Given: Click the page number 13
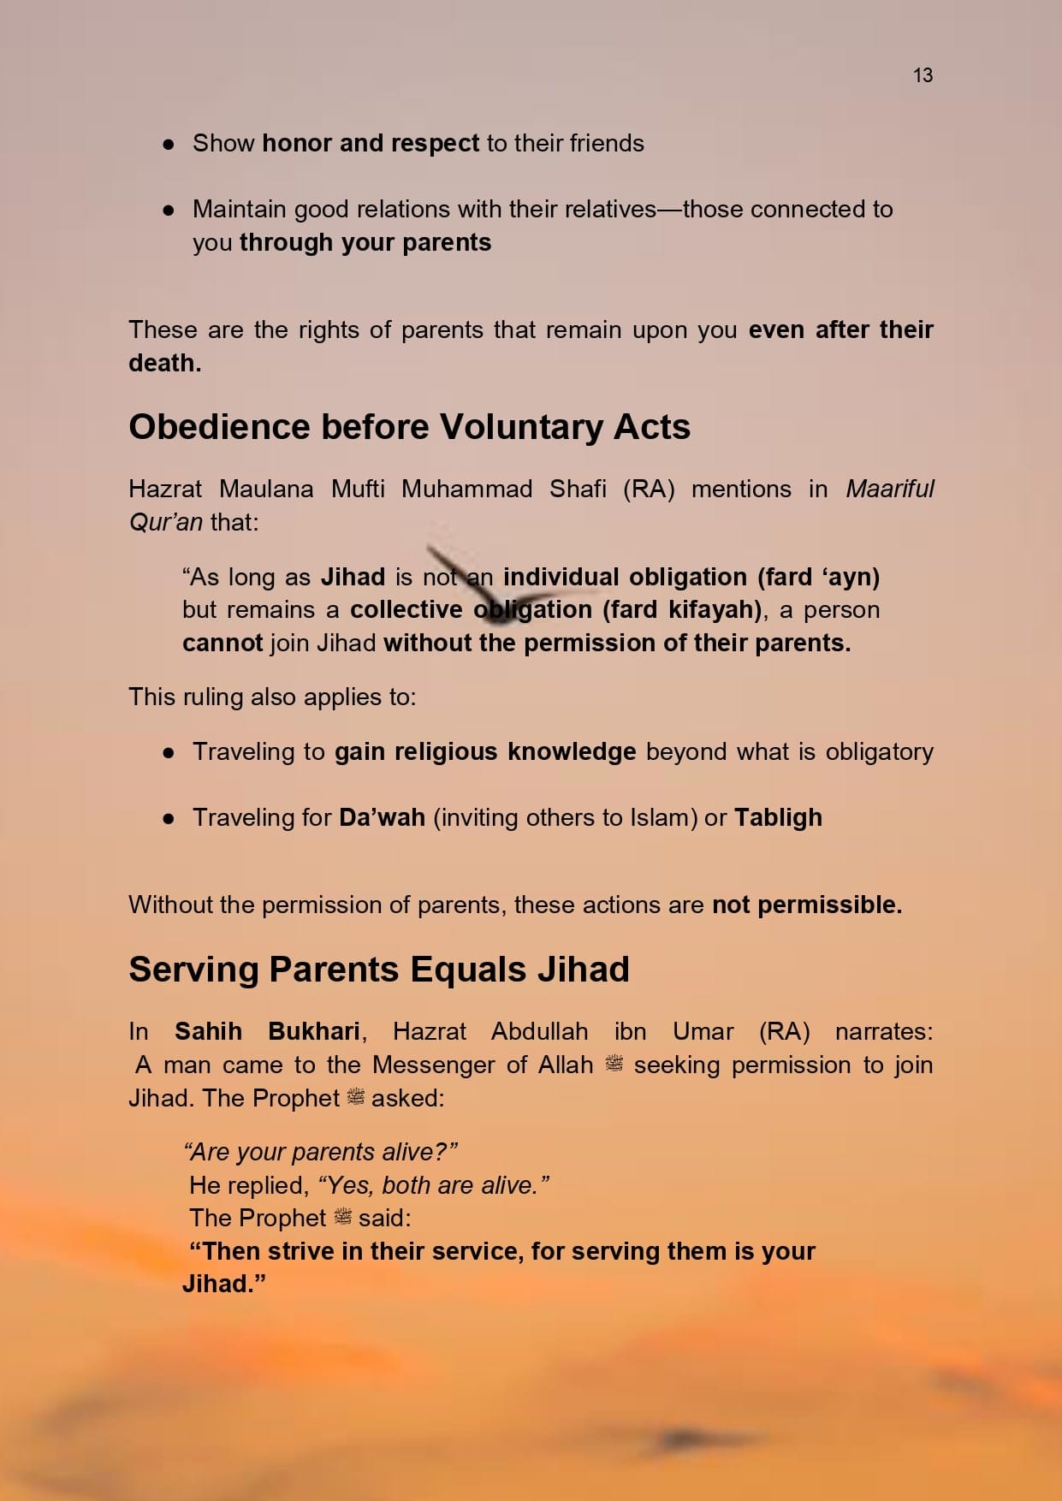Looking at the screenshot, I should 923,75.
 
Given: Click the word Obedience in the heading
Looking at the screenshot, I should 219,427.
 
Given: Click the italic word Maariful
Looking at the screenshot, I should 890,489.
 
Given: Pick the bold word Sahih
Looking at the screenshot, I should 208,1031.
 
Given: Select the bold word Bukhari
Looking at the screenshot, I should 314,1031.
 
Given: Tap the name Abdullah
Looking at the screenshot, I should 539,1031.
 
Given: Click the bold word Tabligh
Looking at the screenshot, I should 778,817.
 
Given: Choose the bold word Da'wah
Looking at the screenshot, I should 382,817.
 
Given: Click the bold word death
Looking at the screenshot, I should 164,363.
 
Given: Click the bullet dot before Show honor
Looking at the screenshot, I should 169,144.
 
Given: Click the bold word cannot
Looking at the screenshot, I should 222,643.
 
